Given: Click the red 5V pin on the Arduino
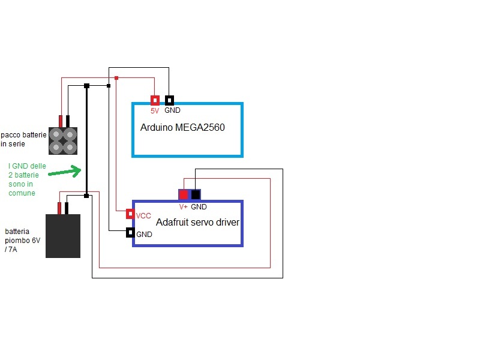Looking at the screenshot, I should click(x=155, y=101).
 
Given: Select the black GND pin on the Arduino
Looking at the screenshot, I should click(x=170, y=101).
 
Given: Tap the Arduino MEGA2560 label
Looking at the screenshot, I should click(x=182, y=128).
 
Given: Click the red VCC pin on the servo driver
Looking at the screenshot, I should click(x=130, y=214).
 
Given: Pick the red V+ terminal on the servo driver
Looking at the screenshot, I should click(x=184, y=194).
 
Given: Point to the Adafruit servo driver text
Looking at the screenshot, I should click(x=197, y=223).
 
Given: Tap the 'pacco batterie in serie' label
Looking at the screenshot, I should click(x=23, y=140).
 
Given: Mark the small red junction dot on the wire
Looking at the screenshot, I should click(x=116, y=78).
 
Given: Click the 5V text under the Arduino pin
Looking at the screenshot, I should click(x=155, y=110).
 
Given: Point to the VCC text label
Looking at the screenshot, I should click(x=143, y=215).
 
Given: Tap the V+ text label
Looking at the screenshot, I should click(x=184, y=206).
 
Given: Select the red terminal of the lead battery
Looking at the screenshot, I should click(x=59, y=208).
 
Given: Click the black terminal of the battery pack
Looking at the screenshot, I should click(x=68, y=121).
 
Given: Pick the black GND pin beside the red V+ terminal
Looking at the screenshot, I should click(x=196, y=194).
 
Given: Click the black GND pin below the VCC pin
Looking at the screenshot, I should click(x=130, y=233).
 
